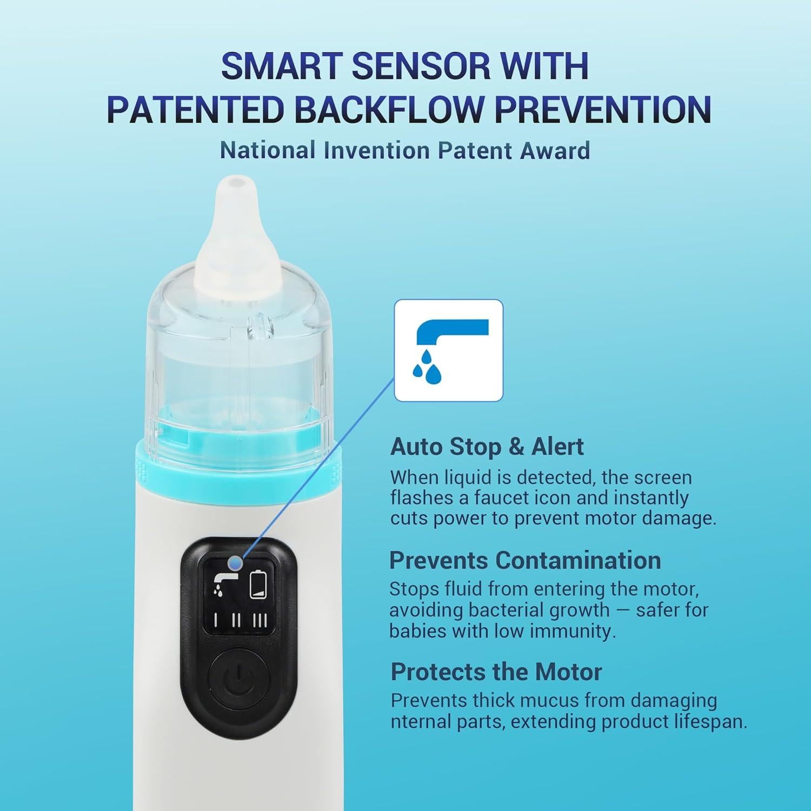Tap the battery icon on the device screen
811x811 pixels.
[258, 584]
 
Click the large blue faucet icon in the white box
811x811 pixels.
[448, 350]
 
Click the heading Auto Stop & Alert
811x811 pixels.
[487, 447]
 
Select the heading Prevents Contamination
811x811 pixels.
[524, 560]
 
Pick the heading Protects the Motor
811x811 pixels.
[496, 672]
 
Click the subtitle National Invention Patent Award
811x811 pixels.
[404, 150]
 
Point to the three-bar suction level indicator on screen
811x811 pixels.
[260, 620]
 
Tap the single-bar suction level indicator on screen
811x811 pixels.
[216, 620]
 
